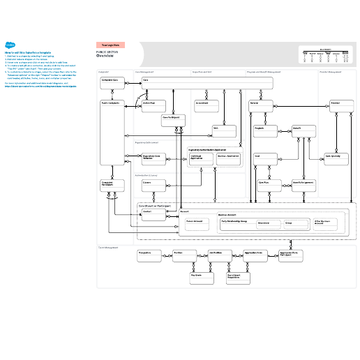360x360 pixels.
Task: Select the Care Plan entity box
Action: (x=268, y=185)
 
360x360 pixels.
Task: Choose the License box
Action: (x=153, y=185)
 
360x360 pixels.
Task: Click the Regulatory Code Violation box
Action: (x=153, y=159)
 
